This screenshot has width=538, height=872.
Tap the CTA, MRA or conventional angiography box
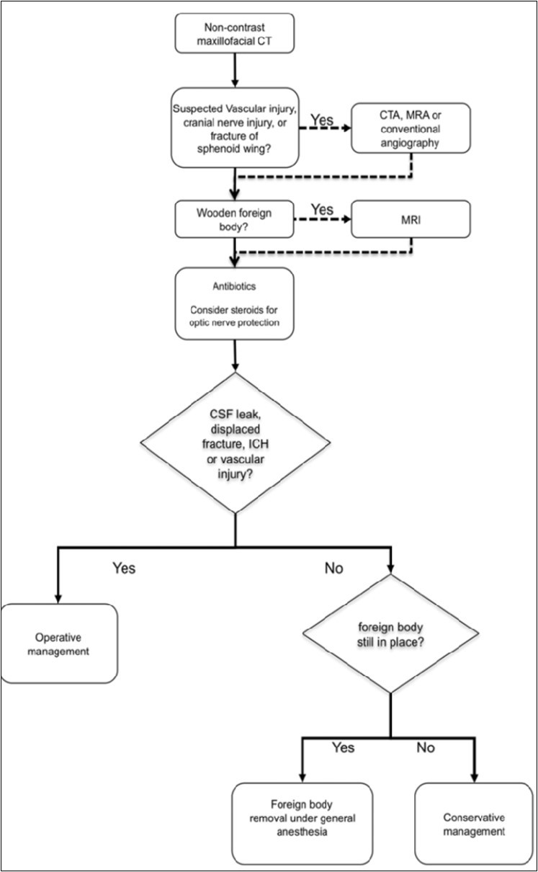point(411,128)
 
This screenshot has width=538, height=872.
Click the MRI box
point(411,218)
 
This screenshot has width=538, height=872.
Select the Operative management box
point(60,644)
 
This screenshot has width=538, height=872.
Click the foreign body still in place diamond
point(391,634)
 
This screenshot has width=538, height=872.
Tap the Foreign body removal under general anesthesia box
point(302,824)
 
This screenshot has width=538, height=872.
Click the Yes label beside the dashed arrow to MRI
point(323,209)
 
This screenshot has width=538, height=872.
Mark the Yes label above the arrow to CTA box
point(321,119)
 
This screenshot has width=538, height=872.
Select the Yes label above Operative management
point(123,568)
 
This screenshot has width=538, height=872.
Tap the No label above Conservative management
point(426,747)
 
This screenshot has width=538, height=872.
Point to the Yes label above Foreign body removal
point(343,747)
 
